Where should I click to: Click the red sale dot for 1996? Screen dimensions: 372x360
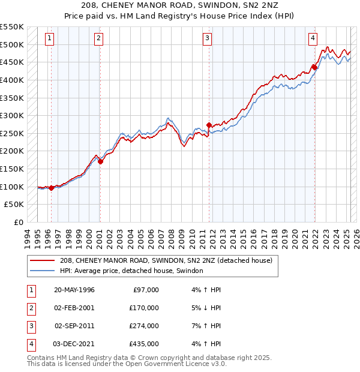tap(52, 187)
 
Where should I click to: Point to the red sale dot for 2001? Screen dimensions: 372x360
tap(100, 161)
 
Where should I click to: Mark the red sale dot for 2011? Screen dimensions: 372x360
tap(209, 125)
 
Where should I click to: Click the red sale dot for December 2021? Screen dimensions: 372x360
tap(314, 67)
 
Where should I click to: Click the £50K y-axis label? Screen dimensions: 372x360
tap(14, 205)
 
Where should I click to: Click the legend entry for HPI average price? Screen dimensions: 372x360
tap(131, 271)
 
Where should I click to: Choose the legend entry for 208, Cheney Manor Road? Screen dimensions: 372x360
tap(166, 260)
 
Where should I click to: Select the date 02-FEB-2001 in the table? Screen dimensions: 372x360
tap(74, 308)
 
